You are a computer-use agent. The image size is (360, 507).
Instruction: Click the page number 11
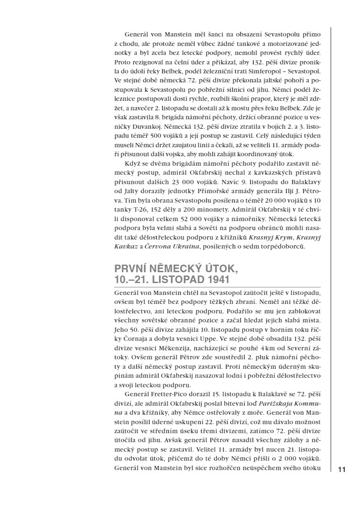[342, 469]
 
